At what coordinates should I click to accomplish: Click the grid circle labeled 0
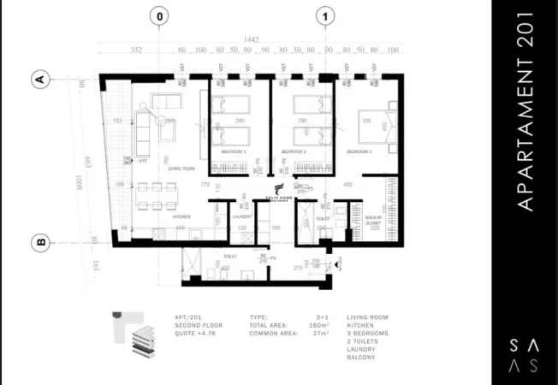point(159,15)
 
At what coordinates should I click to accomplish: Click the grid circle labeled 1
point(325,15)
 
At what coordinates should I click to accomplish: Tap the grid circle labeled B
point(39,242)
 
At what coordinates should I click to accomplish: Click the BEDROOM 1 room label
point(234,151)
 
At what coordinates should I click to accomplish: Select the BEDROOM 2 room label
point(294,151)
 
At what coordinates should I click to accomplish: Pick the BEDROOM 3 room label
point(359,151)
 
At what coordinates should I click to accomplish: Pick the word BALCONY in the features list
point(360,358)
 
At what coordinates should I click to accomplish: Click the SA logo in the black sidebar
point(524,354)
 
